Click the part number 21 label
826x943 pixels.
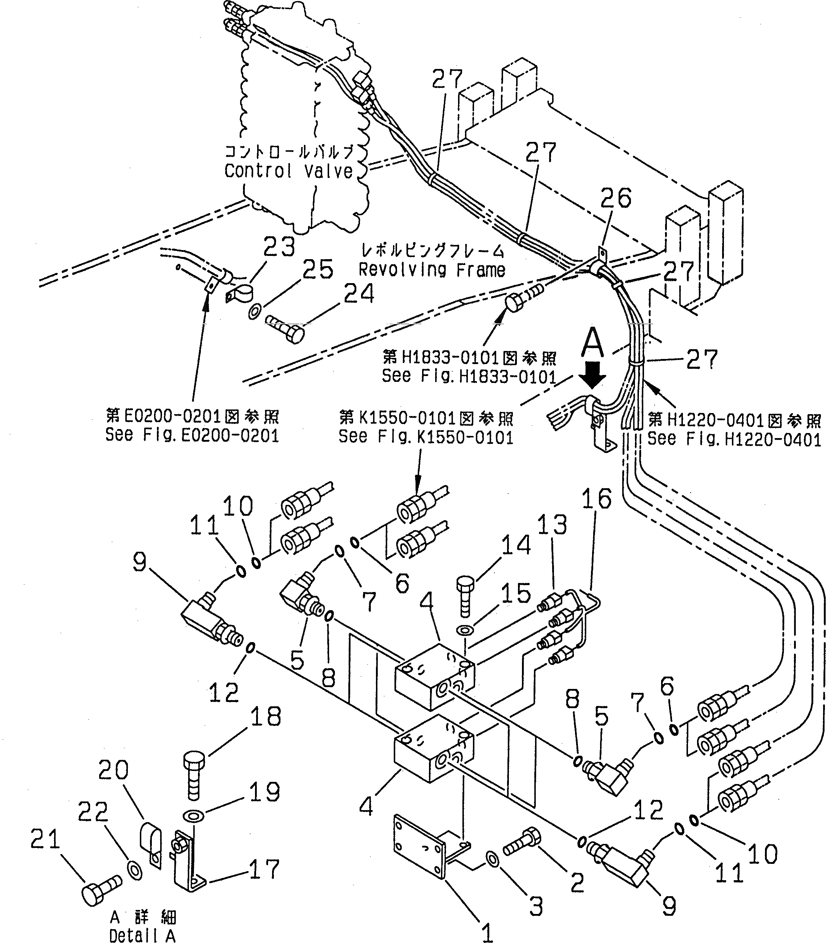(x=45, y=839)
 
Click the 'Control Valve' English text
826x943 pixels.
(x=288, y=171)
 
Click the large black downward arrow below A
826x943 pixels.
(x=592, y=375)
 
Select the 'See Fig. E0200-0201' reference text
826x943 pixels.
(x=192, y=435)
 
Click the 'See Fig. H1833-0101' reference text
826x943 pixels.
(x=469, y=377)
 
